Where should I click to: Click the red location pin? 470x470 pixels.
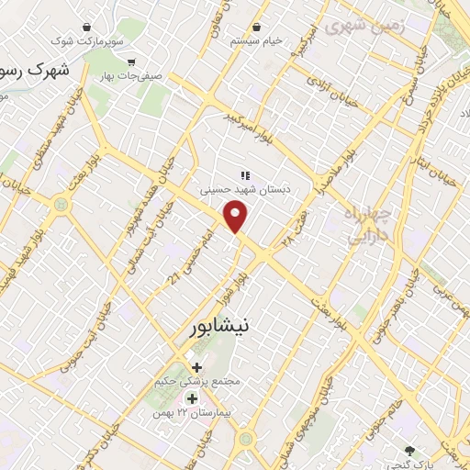point(237,218)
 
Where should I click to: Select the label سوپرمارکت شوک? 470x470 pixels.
point(86,41)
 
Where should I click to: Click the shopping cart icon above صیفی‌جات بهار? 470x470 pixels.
point(132,63)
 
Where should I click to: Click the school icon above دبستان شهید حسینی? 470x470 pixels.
point(244,174)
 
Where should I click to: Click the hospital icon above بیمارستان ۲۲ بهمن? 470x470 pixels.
point(192,398)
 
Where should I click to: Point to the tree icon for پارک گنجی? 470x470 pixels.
point(410,449)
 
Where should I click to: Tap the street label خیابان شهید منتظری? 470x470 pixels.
point(28,148)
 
